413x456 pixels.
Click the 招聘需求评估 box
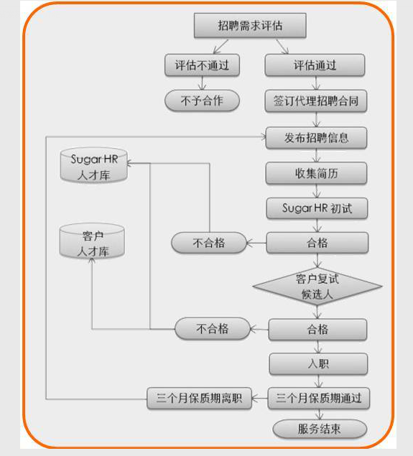coord(250,26)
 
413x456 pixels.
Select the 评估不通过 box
coord(202,65)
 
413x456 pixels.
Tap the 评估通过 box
coord(315,65)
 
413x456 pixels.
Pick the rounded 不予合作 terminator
coord(202,101)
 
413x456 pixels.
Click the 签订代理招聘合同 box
coord(316,101)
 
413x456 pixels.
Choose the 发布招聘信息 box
coord(317,138)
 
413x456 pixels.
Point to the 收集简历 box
coord(317,173)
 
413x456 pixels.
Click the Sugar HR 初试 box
coord(317,208)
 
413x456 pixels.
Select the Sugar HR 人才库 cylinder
coord(93,165)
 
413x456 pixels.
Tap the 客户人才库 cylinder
coord(92,241)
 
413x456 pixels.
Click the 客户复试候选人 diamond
coord(317,287)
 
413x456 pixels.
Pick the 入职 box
coord(318,364)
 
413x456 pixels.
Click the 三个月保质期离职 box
coord(199,398)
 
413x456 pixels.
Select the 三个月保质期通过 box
coord(319,398)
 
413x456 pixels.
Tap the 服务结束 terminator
coord(320,429)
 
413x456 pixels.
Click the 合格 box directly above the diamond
coord(317,243)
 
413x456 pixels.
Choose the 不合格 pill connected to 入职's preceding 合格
coord(213,329)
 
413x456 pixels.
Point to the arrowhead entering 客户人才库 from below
coord(92,261)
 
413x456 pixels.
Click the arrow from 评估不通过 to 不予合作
coord(202,83)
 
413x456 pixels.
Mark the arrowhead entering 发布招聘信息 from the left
coord(264,136)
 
